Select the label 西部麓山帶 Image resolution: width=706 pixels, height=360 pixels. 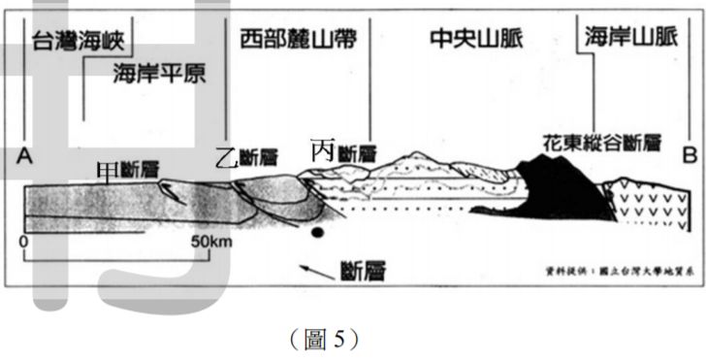(295, 39)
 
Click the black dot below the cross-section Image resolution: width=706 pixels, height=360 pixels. (315, 233)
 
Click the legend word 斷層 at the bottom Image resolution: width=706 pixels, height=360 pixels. (360, 270)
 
